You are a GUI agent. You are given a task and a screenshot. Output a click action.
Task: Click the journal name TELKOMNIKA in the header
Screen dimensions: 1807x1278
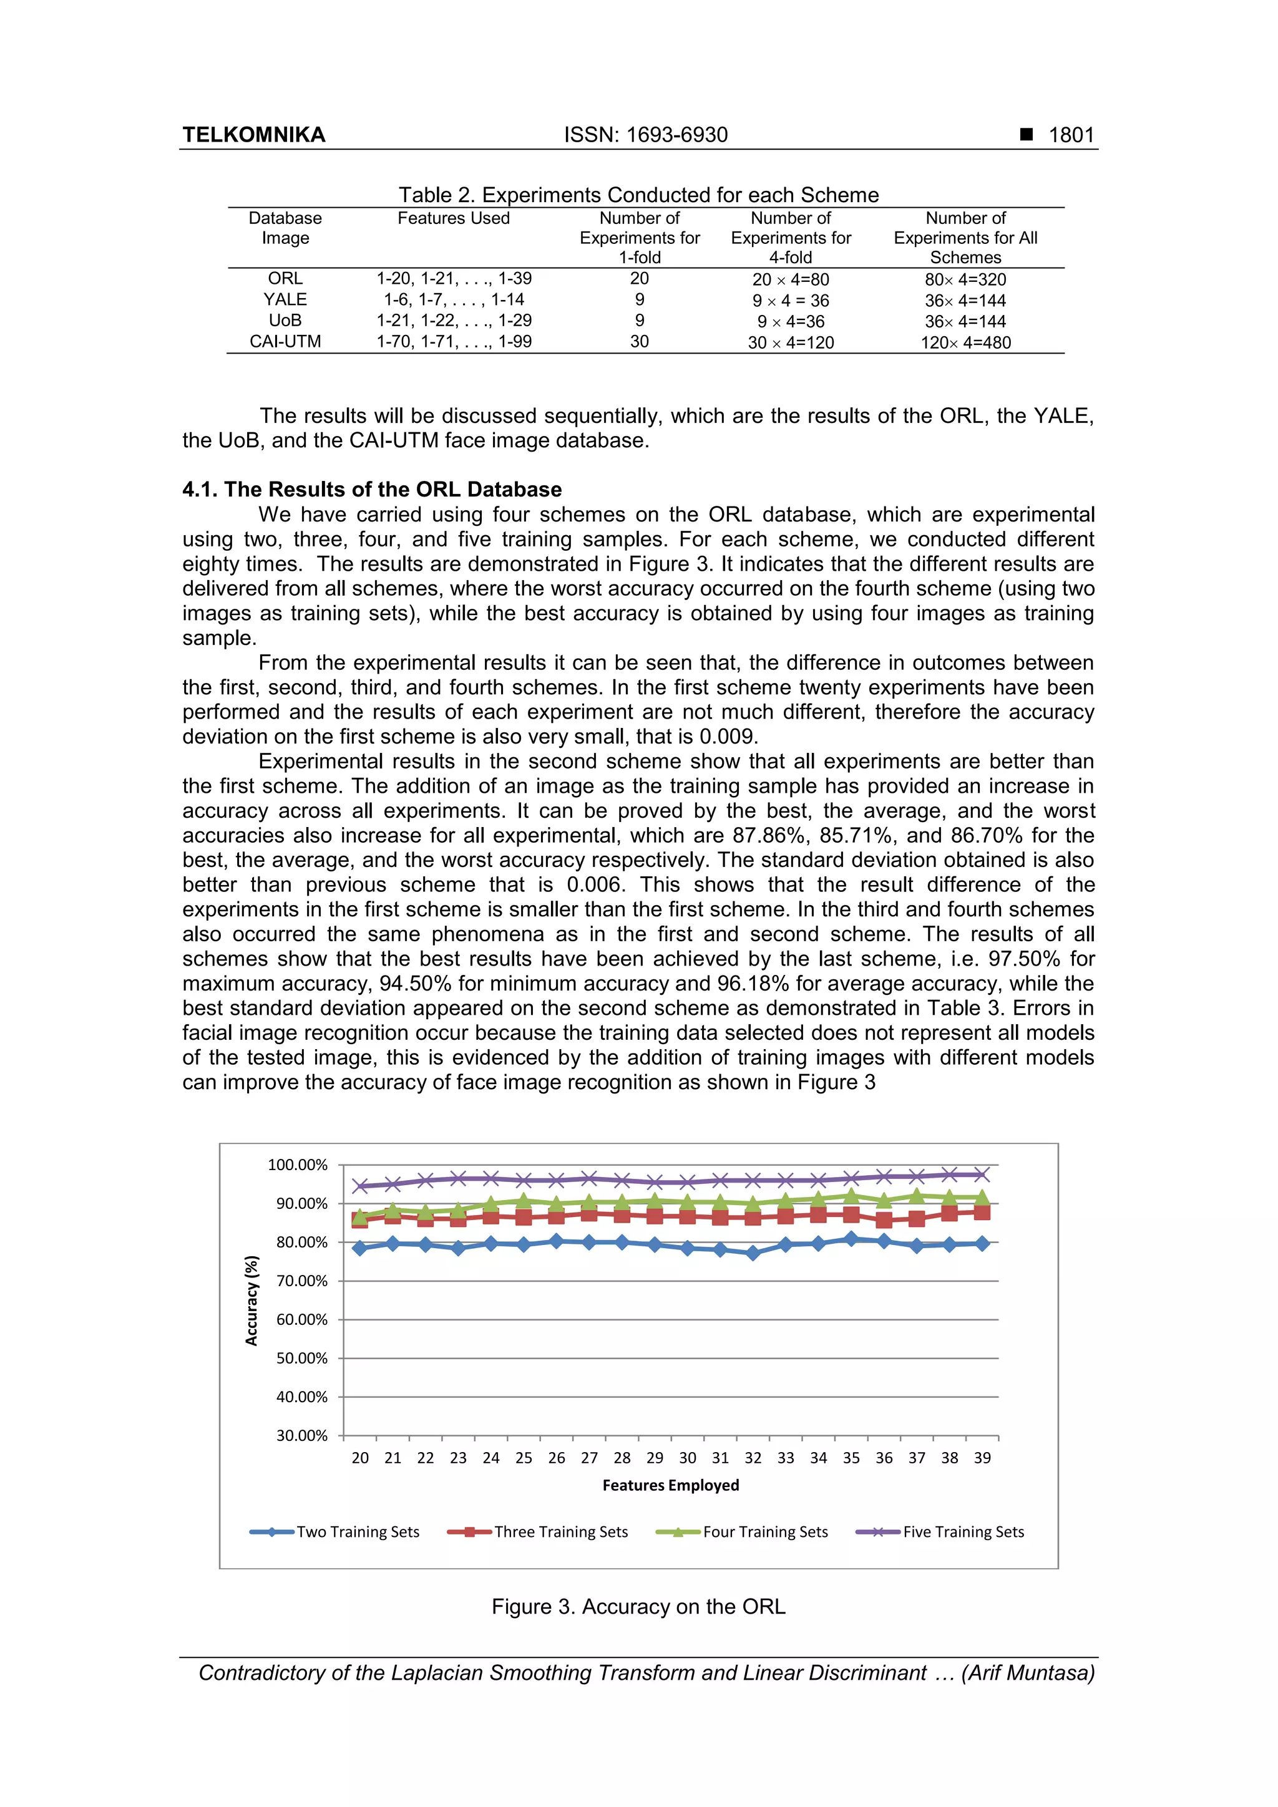click(x=253, y=135)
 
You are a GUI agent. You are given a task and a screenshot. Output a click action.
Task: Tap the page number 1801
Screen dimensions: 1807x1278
click(x=1071, y=135)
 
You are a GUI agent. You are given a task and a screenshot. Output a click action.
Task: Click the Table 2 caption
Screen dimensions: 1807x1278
click(x=638, y=195)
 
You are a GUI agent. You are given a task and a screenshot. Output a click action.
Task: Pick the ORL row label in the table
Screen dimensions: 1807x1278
click(x=285, y=279)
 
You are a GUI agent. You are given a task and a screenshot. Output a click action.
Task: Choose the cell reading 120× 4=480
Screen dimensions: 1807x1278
click(x=965, y=342)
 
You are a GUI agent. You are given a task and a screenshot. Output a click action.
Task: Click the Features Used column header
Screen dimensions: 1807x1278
click(x=453, y=218)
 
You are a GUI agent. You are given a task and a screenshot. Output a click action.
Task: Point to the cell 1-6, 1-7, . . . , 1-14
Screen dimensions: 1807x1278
click(x=454, y=300)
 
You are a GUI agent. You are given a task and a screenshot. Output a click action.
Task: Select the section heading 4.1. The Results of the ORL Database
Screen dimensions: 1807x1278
click(x=372, y=490)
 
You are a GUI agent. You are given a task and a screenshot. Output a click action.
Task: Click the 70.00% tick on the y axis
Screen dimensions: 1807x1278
click(x=301, y=1281)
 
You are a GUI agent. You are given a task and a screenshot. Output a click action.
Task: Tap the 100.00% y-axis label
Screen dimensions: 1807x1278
click(x=298, y=1165)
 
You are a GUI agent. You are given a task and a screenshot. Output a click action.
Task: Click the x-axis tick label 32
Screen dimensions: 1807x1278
click(x=753, y=1458)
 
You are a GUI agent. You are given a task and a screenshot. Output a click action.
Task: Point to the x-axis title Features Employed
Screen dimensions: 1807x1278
click(x=670, y=1485)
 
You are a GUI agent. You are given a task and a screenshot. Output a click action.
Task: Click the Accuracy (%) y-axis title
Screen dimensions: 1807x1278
click(x=252, y=1300)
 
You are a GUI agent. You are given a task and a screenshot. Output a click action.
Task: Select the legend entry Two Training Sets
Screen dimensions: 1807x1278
click(x=358, y=1531)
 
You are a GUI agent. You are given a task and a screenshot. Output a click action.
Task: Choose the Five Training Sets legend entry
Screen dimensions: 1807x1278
click(x=963, y=1531)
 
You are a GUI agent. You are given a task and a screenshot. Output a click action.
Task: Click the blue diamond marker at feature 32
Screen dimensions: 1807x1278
click(x=753, y=1253)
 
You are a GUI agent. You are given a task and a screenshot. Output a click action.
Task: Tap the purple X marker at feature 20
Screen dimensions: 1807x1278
click(x=361, y=1185)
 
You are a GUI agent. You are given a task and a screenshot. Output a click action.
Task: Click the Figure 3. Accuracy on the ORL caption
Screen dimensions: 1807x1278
click(x=638, y=1606)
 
